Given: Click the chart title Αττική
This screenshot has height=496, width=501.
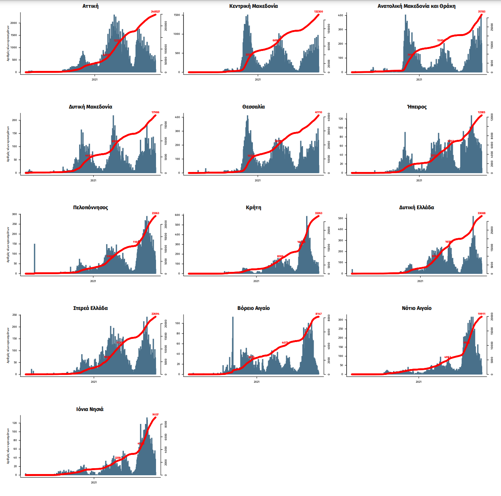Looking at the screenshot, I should point(91,6).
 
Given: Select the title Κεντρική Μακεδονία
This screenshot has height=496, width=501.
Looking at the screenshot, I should point(254,6).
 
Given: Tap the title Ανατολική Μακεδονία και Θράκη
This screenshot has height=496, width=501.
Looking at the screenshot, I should point(416,6).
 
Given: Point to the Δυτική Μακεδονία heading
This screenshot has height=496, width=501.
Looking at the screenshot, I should point(91,107).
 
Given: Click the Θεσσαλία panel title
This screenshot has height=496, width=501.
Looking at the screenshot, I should point(254,107).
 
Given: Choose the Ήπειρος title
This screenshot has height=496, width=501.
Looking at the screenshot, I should point(417,107).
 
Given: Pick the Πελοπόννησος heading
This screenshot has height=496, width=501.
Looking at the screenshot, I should point(91,208).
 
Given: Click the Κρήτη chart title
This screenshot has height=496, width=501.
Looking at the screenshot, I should point(254,208).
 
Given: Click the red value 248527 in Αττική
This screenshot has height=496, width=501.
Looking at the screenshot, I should point(155,12).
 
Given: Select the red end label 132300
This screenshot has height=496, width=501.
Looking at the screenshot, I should point(319,12).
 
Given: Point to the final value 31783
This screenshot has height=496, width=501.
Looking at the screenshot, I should point(481,12).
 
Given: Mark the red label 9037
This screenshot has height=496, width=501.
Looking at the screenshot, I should point(155,415).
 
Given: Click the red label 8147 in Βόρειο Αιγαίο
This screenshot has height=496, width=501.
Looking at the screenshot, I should point(318,314).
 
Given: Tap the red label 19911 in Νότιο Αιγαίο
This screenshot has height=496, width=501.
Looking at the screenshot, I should point(481,314).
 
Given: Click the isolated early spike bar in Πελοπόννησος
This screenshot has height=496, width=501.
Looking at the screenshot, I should point(34,259).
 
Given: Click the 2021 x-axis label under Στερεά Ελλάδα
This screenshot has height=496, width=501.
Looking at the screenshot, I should point(94,382).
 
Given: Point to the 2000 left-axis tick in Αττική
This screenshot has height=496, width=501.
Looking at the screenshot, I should point(14,23).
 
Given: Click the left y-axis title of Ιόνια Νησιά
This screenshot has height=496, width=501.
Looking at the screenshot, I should point(8,446).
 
